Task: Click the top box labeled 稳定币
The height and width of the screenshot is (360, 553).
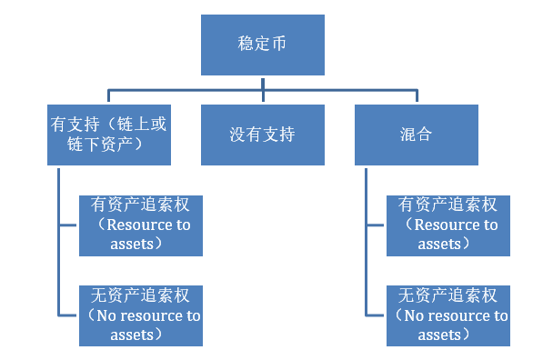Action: pos(263,45)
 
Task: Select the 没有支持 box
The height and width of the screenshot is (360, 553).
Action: pos(263,135)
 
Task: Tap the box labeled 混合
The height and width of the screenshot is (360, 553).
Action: pos(417,135)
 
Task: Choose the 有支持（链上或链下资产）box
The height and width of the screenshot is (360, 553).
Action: pos(109,135)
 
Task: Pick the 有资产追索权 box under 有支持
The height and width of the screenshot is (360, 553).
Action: pos(140,225)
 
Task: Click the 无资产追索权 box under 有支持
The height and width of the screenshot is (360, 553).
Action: pos(140,315)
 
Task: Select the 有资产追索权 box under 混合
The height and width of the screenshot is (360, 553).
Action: pos(447,225)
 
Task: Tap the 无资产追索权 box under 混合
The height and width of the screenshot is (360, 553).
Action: pos(447,315)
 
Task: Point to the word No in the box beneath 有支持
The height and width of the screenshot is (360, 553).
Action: pos(106,316)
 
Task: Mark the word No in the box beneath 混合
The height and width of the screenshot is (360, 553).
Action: pos(413,316)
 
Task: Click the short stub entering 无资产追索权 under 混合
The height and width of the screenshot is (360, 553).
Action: pos(376,315)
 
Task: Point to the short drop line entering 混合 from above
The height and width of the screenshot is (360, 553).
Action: pos(417,96)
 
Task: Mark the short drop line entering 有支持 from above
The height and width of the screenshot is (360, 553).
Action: pos(109,96)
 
